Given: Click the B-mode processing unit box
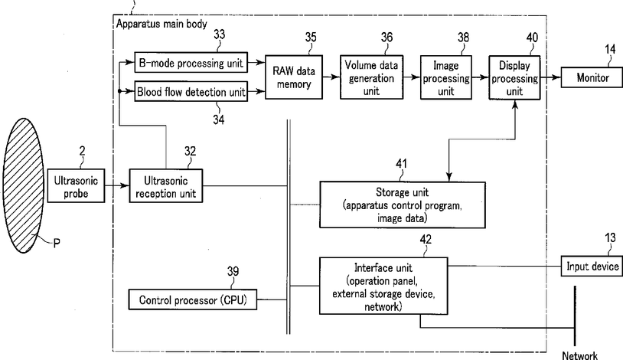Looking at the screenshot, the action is click(191, 63).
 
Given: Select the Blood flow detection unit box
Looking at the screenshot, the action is click(191, 92).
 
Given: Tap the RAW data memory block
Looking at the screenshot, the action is click(294, 77).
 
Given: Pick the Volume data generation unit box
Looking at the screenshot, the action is click(371, 77).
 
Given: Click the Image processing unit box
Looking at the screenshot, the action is click(445, 77).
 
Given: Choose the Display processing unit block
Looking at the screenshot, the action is click(514, 77).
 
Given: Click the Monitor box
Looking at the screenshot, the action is click(592, 77).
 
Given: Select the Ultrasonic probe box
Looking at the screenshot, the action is click(76, 186).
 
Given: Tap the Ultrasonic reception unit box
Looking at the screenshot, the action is click(165, 186).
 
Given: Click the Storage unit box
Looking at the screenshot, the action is click(402, 205).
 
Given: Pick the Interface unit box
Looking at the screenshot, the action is click(383, 286).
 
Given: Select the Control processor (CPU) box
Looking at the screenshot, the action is click(193, 299).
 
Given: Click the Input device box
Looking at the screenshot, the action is click(592, 266).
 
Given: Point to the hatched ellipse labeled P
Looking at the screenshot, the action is click(24, 185).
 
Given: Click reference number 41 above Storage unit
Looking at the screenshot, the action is click(401, 163).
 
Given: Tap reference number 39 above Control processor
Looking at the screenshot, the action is click(233, 271).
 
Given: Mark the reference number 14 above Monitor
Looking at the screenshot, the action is click(610, 49).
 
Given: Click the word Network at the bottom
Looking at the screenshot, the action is click(579, 355).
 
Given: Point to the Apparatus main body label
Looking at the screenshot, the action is click(161, 24).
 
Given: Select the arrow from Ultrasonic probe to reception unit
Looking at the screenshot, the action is click(117, 185).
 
